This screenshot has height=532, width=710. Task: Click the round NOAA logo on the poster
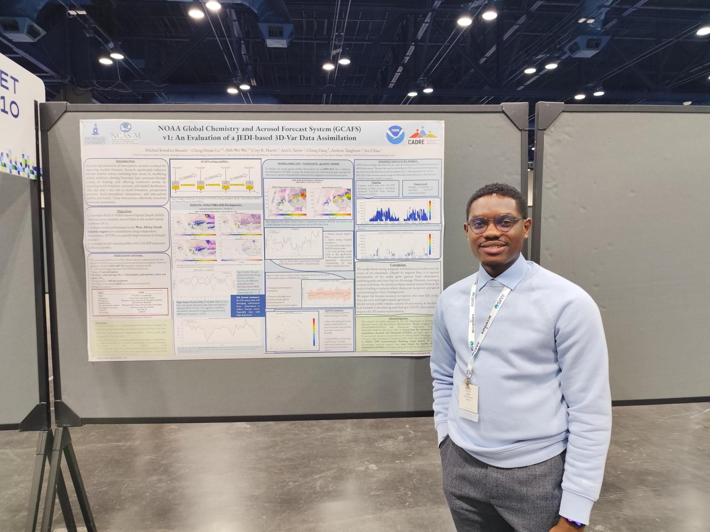tap(396, 134)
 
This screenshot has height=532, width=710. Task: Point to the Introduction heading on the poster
tap(127, 161)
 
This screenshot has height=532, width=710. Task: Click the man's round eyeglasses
tap(495, 224)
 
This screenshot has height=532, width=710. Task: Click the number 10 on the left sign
tap(9, 110)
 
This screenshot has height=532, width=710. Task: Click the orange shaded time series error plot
tap(326, 293)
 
